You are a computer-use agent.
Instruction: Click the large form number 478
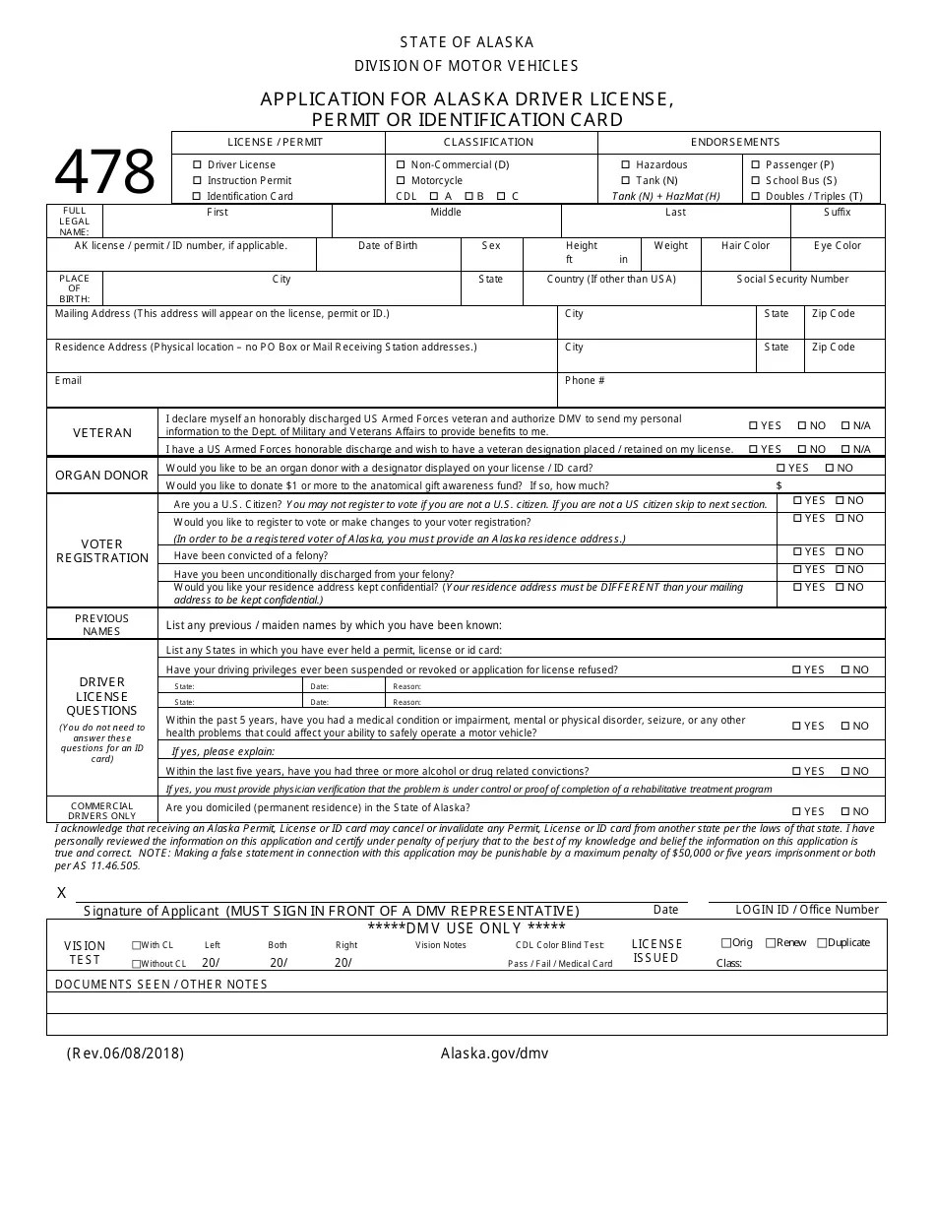click(104, 172)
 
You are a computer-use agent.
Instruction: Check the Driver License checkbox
click(198, 165)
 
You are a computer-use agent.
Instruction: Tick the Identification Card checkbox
click(198, 197)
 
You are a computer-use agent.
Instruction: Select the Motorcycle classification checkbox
click(401, 181)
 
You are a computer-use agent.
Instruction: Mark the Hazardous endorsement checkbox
click(626, 165)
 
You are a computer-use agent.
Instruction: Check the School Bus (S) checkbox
click(755, 181)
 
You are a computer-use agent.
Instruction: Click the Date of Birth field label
click(388, 246)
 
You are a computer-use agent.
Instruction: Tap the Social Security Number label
click(792, 280)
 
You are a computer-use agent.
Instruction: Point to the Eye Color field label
click(838, 246)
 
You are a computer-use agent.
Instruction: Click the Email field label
click(69, 381)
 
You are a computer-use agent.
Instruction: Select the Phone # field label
click(585, 381)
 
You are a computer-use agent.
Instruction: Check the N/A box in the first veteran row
click(845, 426)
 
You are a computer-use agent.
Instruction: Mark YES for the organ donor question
click(781, 469)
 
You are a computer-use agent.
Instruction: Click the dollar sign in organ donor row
click(779, 486)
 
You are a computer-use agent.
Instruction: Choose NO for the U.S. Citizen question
click(840, 501)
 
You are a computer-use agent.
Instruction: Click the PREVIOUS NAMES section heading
click(101, 625)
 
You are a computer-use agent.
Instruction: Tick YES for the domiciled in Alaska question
click(797, 812)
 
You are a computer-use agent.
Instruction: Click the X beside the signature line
click(62, 893)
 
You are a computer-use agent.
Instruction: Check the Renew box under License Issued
click(771, 943)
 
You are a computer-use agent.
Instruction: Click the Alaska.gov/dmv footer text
click(494, 1053)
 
